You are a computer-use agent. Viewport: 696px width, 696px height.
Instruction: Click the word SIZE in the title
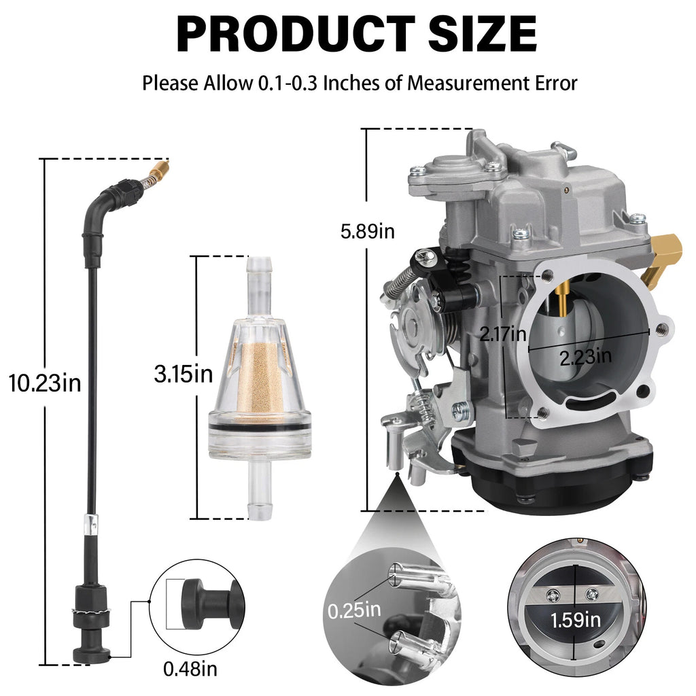tap(483, 34)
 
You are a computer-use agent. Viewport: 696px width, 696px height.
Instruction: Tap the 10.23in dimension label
tap(46, 383)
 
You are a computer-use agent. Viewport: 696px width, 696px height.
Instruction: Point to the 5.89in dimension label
tap(368, 231)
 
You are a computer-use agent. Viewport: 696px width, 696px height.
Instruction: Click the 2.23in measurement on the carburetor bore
tap(585, 356)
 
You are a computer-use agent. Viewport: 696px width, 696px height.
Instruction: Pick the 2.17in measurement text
tap(503, 333)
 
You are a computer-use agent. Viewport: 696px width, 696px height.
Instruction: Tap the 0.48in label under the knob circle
tap(190, 669)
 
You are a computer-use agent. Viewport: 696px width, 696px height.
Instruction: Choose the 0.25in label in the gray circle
tap(354, 611)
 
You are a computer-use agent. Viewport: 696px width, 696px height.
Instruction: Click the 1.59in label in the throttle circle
tap(575, 620)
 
